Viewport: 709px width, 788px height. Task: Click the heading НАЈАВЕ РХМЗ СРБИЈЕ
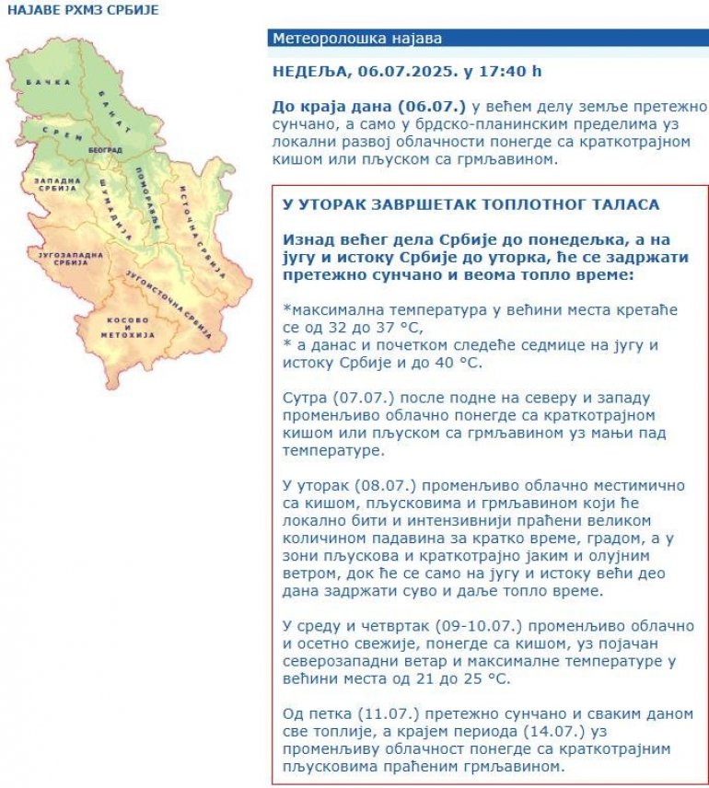(x=83, y=9)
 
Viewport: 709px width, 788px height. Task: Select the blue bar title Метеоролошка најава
(x=357, y=39)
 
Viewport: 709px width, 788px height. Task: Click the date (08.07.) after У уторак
(x=366, y=484)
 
